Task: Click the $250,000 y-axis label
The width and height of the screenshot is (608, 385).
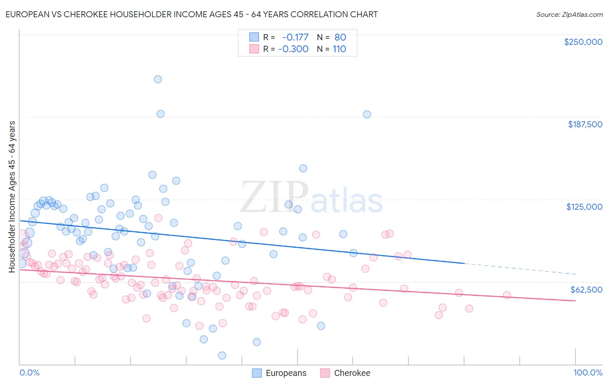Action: pyautogui.click(x=583, y=42)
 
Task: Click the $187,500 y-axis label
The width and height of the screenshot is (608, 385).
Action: pyautogui.click(x=585, y=124)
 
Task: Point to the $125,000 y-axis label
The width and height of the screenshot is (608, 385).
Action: pyautogui.click(x=584, y=207)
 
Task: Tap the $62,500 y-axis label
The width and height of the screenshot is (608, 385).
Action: pyautogui.click(x=586, y=290)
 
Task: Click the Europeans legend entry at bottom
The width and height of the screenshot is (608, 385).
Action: pyautogui.click(x=286, y=373)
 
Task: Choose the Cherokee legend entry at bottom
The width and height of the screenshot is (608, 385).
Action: pyautogui.click(x=352, y=373)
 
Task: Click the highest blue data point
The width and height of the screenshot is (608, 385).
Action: pyautogui.click(x=158, y=79)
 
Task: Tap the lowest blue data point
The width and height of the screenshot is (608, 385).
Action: pyautogui.click(x=222, y=356)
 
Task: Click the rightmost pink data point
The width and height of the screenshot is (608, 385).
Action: pyautogui.click(x=507, y=295)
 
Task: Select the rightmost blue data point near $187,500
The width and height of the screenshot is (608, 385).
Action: pyautogui.click(x=367, y=114)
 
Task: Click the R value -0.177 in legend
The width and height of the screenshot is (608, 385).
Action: pyautogui.click(x=295, y=37)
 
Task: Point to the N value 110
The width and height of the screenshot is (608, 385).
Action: pyautogui.click(x=339, y=49)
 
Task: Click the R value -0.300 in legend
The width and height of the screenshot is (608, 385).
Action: pyautogui.click(x=294, y=49)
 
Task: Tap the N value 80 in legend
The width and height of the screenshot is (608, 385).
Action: pyautogui.click(x=340, y=37)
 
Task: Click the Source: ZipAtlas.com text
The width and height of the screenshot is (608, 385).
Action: pyautogui.click(x=570, y=15)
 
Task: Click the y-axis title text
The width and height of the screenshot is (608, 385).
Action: pyautogui.click(x=12, y=197)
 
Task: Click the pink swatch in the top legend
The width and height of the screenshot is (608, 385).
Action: pyautogui.click(x=254, y=49)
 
